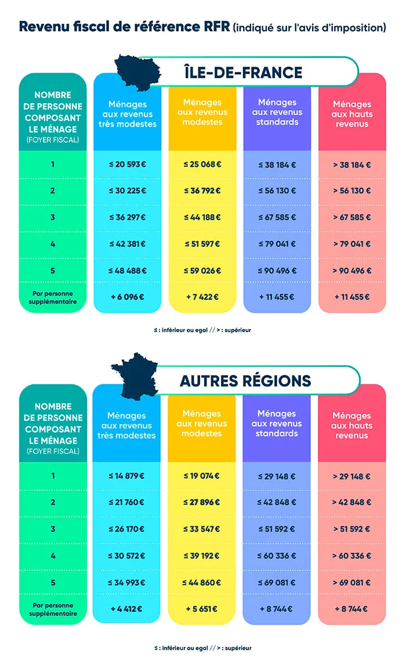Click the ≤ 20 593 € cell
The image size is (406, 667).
click(127, 165)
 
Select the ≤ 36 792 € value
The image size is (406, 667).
click(202, 191)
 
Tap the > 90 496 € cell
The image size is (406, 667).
click(351, 271)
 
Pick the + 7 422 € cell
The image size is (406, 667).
click(202, 297)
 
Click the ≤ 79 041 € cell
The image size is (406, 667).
click(277, 244)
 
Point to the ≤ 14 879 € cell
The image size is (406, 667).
click(126, 476)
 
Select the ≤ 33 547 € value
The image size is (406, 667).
click(201, 529)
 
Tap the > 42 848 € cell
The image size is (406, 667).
click(351, 502)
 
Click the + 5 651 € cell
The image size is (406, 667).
click(201, 608)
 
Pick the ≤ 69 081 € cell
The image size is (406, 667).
click(277, 582)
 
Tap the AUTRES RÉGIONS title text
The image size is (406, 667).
click(245, 381)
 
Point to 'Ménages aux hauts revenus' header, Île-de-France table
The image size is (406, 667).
click(351, 114)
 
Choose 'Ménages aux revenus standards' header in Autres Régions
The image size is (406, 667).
click(277, 424)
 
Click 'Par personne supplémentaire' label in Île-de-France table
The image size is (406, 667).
click(52, 297)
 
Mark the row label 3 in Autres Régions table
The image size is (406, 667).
click(53, 529)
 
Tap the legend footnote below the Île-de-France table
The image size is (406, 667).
click(202, 330)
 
